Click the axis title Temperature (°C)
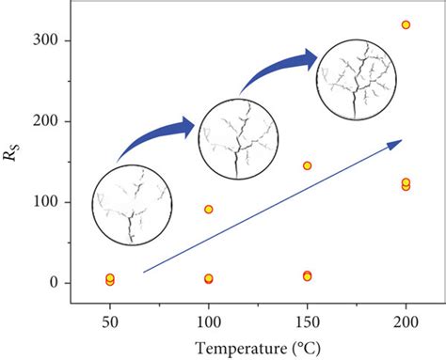257,348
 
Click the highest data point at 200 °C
406,24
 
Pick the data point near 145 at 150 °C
307,165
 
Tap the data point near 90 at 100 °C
209,210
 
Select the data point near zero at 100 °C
209,278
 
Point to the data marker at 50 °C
110,279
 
